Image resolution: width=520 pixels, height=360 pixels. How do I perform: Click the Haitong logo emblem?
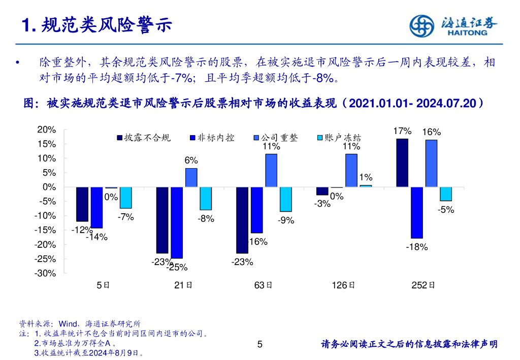pyautogui.click(x=422, y=25)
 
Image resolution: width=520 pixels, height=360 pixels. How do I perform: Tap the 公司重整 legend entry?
pyautogui.click(x=274, y=138)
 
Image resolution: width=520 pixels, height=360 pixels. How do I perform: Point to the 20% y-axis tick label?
pyautogui.click(x=47, y=130)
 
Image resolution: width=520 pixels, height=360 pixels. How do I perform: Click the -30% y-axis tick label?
pyautogui.click(x=46, y=273)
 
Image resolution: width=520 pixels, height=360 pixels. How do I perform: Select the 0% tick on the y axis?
pyautogui.click(x=49, y=187)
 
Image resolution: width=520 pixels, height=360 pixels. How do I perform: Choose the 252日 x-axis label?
pyautogui.click(x=423, y=285)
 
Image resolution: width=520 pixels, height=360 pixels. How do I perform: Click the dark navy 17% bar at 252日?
pyautogui.click(x=402, y=162)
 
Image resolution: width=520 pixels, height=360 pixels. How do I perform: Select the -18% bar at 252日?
pyautogui.click(x=416, y=213)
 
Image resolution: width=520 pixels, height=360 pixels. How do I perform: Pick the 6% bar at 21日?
pyautogui.click(x=191, y=177)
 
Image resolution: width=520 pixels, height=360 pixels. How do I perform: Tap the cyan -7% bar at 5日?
pyautogui.click(x=125, y=198)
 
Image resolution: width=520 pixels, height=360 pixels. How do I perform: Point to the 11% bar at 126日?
pyautogui.click(x=351, y=170)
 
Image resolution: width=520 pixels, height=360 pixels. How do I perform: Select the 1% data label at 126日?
pyautogui.click(x=366, y=178)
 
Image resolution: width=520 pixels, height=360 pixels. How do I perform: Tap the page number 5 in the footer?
pyautogui.click(x=260, y=345)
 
